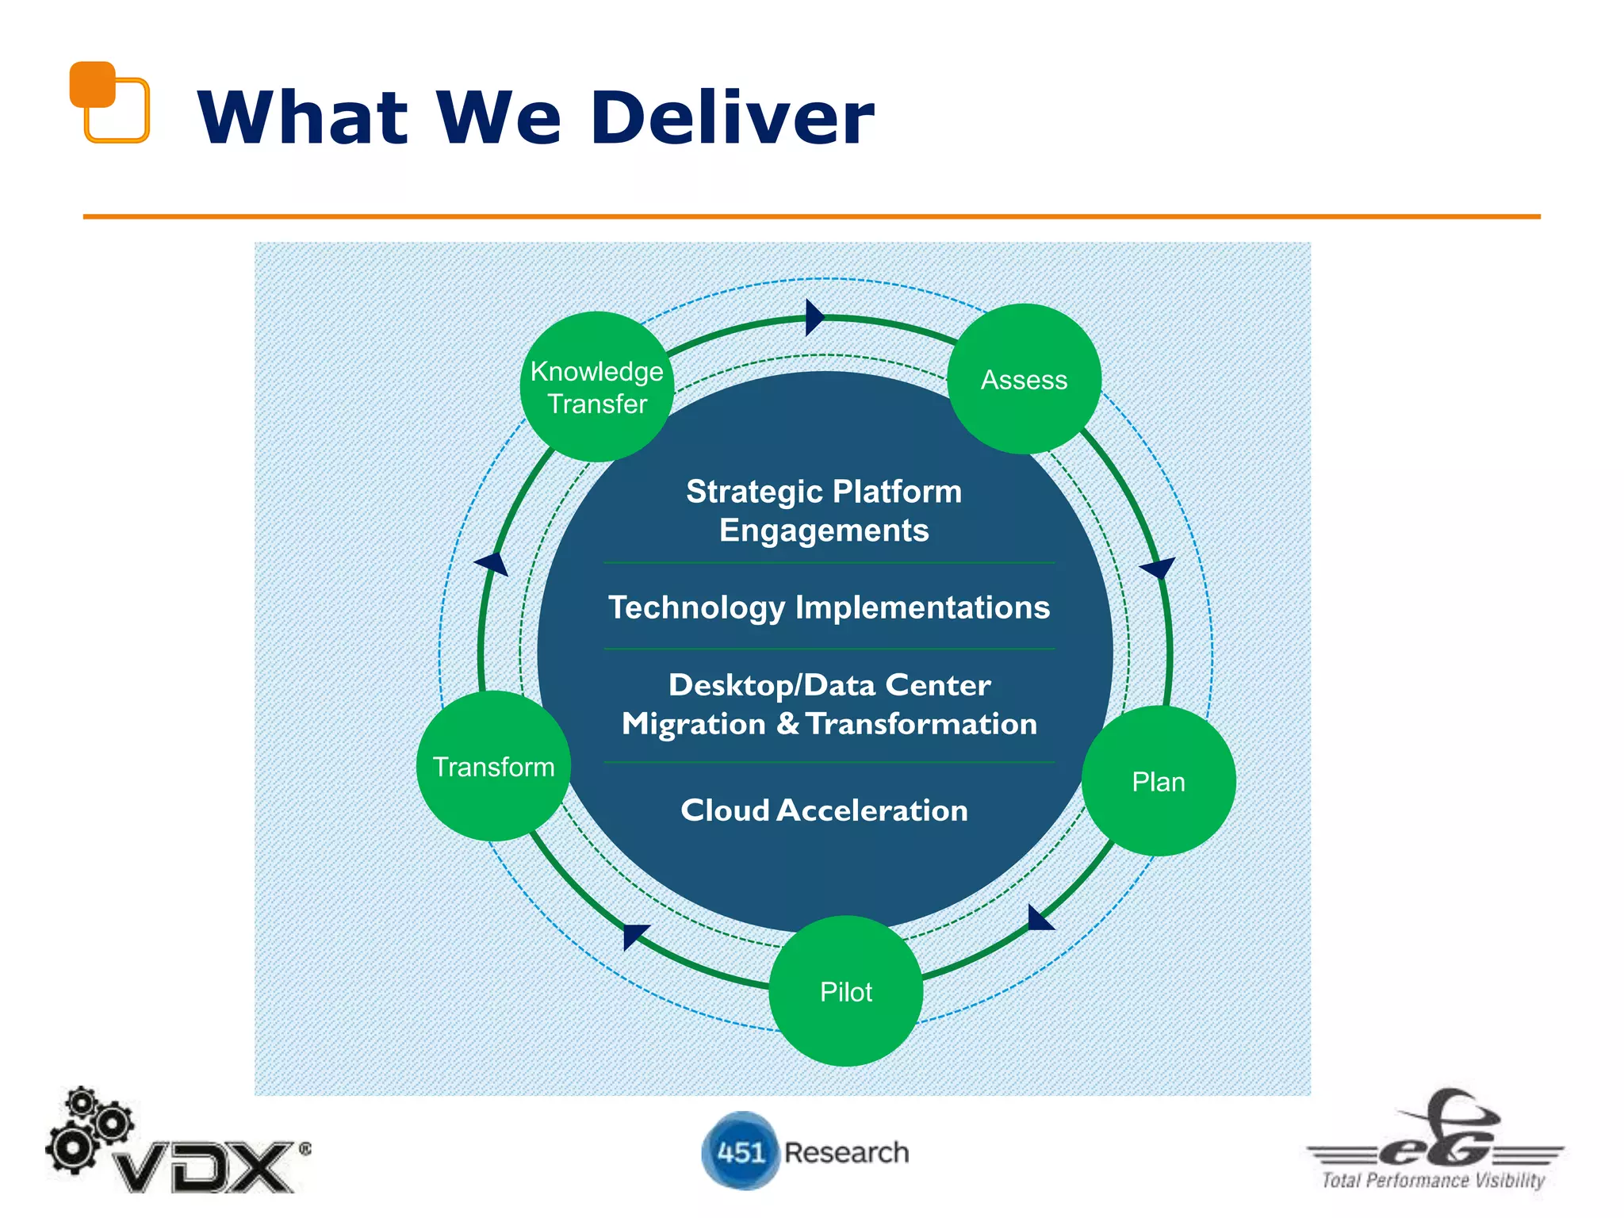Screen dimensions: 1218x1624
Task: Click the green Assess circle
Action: (x=1024, y=379)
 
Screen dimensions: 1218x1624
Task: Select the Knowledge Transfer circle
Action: (x=597, y=387)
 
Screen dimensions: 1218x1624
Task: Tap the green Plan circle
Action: (x=1159, y=781)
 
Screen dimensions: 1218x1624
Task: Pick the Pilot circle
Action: (x=845, y=991)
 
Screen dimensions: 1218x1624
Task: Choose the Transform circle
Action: (x=493, y=766)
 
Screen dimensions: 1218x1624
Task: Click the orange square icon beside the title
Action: (x=109, y=101)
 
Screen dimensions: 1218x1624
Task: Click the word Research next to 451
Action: (x=846, y=1152)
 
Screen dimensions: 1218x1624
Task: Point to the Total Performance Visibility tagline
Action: (x=1433, y=1180)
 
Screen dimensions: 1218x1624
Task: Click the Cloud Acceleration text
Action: (x=824, y=810)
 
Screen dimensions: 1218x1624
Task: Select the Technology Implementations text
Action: (x=829, y=607)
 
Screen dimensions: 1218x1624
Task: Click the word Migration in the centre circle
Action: (x=693, y=724)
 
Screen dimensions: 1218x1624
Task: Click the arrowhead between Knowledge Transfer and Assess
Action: (x=814, y=317)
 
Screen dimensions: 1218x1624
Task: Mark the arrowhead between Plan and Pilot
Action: (x=1038, y=918)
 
